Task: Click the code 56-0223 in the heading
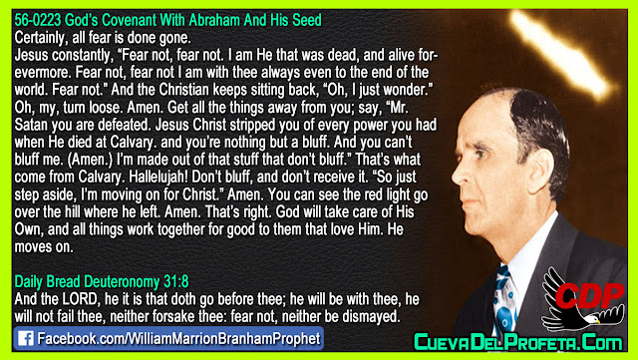click(38, 20)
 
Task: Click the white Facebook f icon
click(25, 338)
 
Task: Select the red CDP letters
click(589, 295)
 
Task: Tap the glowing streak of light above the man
click(561, 55)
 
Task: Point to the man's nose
click(461, 174)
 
